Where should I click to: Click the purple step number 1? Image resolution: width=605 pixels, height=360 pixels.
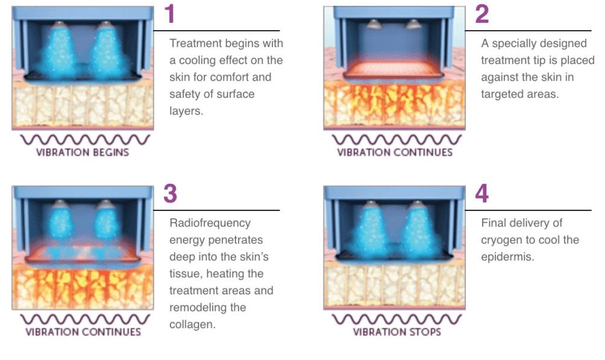[x=170, y=14]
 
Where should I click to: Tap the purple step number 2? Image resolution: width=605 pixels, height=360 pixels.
[x=482, y=14]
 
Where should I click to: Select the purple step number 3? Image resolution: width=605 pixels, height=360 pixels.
[x=170, y=194]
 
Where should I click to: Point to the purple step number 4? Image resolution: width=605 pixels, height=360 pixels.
[x=482, y=194]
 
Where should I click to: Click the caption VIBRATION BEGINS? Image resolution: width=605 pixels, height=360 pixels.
[x=83, y=152]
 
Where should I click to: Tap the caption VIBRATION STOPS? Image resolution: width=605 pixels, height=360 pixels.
[x=397, y=332]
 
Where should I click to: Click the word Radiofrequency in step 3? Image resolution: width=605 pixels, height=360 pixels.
[x=210, y=223]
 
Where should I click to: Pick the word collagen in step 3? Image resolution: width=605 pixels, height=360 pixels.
[x=192, y=324]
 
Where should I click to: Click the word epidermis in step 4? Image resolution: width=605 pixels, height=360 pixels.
[x=507, y=257]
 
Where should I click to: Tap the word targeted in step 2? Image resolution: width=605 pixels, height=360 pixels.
[x=500, y=94]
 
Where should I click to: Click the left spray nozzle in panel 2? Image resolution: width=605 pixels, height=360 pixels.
[x=374, y=24]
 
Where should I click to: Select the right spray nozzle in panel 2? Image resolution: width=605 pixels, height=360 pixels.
[x=413, y=24]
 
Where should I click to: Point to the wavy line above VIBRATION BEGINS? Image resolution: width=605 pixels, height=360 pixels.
[x=85, y=139]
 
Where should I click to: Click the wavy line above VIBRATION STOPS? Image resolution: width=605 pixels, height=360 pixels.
[x=397, y=319]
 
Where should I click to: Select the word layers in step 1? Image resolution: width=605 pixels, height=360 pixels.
[x=186, y=111]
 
